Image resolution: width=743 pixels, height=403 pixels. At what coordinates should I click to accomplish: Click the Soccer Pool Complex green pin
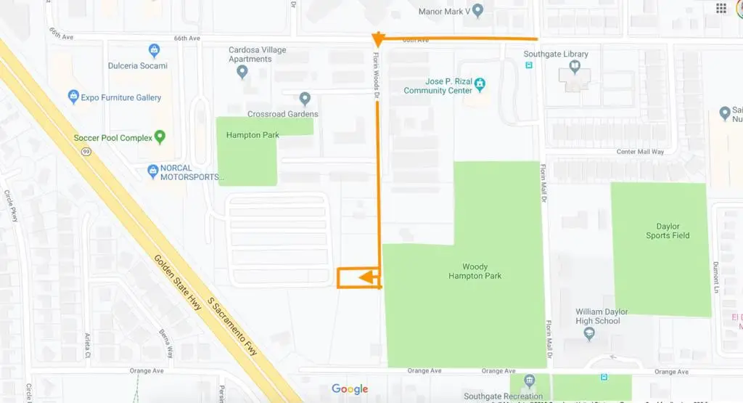pos(160,137)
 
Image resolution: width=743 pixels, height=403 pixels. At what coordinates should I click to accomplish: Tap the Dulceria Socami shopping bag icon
pos(154,51)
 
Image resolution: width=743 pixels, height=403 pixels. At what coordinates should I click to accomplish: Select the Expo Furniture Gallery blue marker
pos(73,96)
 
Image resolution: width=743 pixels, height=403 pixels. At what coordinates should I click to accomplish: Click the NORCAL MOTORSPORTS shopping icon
pos(153,171)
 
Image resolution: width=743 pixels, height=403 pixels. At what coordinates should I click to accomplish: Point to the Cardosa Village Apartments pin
pos(242,71)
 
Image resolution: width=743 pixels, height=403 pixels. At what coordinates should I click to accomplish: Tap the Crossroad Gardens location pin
pos(305,98)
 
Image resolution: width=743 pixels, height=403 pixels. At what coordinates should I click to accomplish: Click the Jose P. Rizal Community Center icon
pos(480,86)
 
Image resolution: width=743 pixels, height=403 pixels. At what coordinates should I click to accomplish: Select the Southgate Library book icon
pos(575,68)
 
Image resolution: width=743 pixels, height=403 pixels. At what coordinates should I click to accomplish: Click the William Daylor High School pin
pos(589,334)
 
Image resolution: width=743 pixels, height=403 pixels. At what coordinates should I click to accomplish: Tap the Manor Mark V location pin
pos(478,11)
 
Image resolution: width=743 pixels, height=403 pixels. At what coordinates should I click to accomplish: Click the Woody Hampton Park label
pos(475,272)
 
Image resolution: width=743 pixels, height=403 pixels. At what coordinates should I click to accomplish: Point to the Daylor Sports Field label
pos(668,231)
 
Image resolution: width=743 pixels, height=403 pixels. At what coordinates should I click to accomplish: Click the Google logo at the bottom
pos(350,389)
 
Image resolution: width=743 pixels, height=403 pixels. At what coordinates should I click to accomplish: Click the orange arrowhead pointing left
pos(367,277)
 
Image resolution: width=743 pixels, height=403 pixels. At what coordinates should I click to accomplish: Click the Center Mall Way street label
pos(640,152)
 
